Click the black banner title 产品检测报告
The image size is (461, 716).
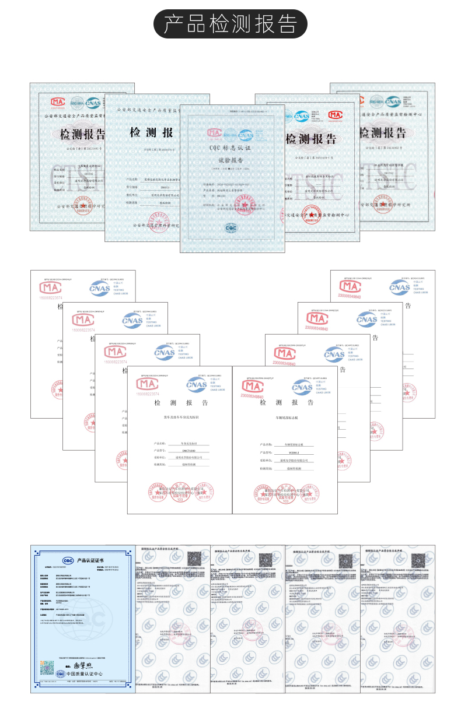pyautogui.click(x=230, y=24)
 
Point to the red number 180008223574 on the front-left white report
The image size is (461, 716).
pyautogui.click(x=147, y=394)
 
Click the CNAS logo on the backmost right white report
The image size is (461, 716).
pyautogui.click(x=400, y=286)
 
